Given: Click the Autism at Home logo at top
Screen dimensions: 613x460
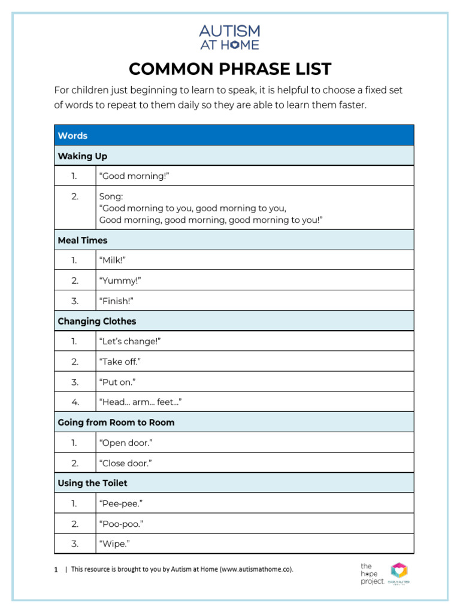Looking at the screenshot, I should coord(229,37).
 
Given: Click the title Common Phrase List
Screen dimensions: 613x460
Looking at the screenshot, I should coord(229,69).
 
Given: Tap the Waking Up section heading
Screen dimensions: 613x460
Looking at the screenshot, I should coord(83,156).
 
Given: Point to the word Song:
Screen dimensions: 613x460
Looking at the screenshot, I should coord(111,196).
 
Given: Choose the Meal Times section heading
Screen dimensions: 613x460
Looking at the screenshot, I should coord(83,240).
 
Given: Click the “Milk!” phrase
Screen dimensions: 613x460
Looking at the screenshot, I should coord(113,260).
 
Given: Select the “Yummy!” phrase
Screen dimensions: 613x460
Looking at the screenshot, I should coord(120,280).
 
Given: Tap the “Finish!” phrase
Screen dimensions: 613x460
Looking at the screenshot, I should coord(116,301).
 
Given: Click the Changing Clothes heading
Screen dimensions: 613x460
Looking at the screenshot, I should coord(97,321).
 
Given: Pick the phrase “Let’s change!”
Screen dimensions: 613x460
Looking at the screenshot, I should coord(130,341).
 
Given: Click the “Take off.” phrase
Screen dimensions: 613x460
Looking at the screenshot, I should coord(120,362).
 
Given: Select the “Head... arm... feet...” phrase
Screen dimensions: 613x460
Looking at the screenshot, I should coord(141,402).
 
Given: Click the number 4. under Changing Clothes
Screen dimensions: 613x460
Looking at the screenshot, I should coord(75,402).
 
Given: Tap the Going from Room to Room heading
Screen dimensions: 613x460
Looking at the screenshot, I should coord(116,423).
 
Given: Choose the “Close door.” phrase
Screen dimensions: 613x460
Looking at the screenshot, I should coord(125,463).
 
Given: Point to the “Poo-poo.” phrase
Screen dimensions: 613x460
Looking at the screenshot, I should coord(121,524).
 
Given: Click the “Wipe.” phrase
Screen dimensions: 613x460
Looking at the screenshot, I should coord(114,544).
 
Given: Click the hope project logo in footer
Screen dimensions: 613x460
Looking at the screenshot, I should coord(371,573).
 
